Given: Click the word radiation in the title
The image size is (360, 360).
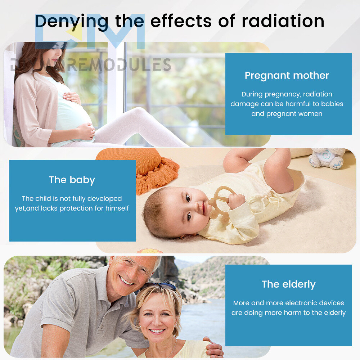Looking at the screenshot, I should tap(283, 21).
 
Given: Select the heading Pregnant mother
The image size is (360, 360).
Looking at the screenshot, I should tap(287, 76).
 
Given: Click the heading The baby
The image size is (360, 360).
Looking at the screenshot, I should tap(72, 180).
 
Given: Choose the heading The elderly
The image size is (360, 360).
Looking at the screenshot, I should tap(289, 284).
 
